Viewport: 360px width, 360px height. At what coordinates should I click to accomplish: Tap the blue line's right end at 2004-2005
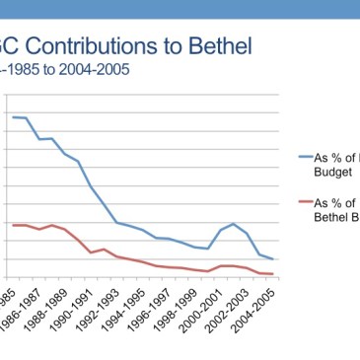point(273,259)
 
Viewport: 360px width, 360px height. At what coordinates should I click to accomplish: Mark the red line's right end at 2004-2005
point(273,274)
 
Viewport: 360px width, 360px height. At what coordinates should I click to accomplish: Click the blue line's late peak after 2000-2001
point(234,224)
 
